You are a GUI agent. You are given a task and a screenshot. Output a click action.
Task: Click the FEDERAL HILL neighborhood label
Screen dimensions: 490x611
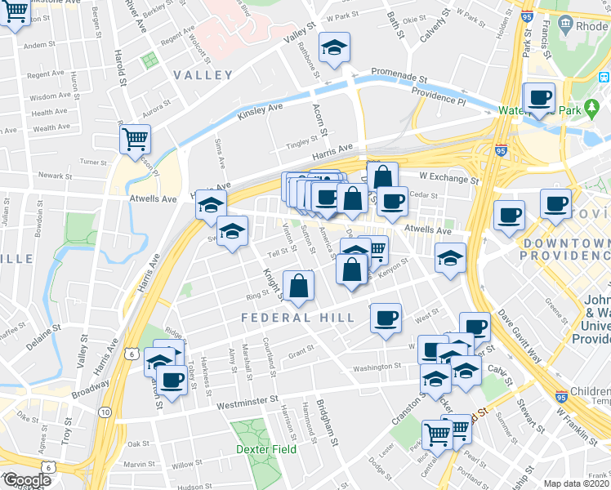point(297,318)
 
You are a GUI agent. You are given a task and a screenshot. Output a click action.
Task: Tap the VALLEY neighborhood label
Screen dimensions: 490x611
point(203,75)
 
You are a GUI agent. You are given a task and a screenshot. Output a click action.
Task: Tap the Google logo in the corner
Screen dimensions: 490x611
point(26,480)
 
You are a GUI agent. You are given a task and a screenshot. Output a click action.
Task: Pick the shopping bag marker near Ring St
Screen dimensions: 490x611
point(299,286)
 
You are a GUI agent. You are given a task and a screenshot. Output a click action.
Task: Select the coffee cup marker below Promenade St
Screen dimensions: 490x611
point(539,98)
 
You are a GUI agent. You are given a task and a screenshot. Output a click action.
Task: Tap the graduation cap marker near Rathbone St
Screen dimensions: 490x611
point(333,48)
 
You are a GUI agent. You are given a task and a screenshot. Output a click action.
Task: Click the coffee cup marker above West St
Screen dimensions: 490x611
point(386,318)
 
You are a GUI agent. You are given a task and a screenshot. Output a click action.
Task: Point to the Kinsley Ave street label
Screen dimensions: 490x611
point(260,111)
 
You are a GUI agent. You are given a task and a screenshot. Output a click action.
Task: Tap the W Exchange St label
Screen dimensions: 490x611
point(448,176)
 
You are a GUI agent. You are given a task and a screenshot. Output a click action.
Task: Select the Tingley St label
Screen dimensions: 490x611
point(301,144)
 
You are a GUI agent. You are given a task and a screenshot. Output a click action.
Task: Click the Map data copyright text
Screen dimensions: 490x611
point(578,483)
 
